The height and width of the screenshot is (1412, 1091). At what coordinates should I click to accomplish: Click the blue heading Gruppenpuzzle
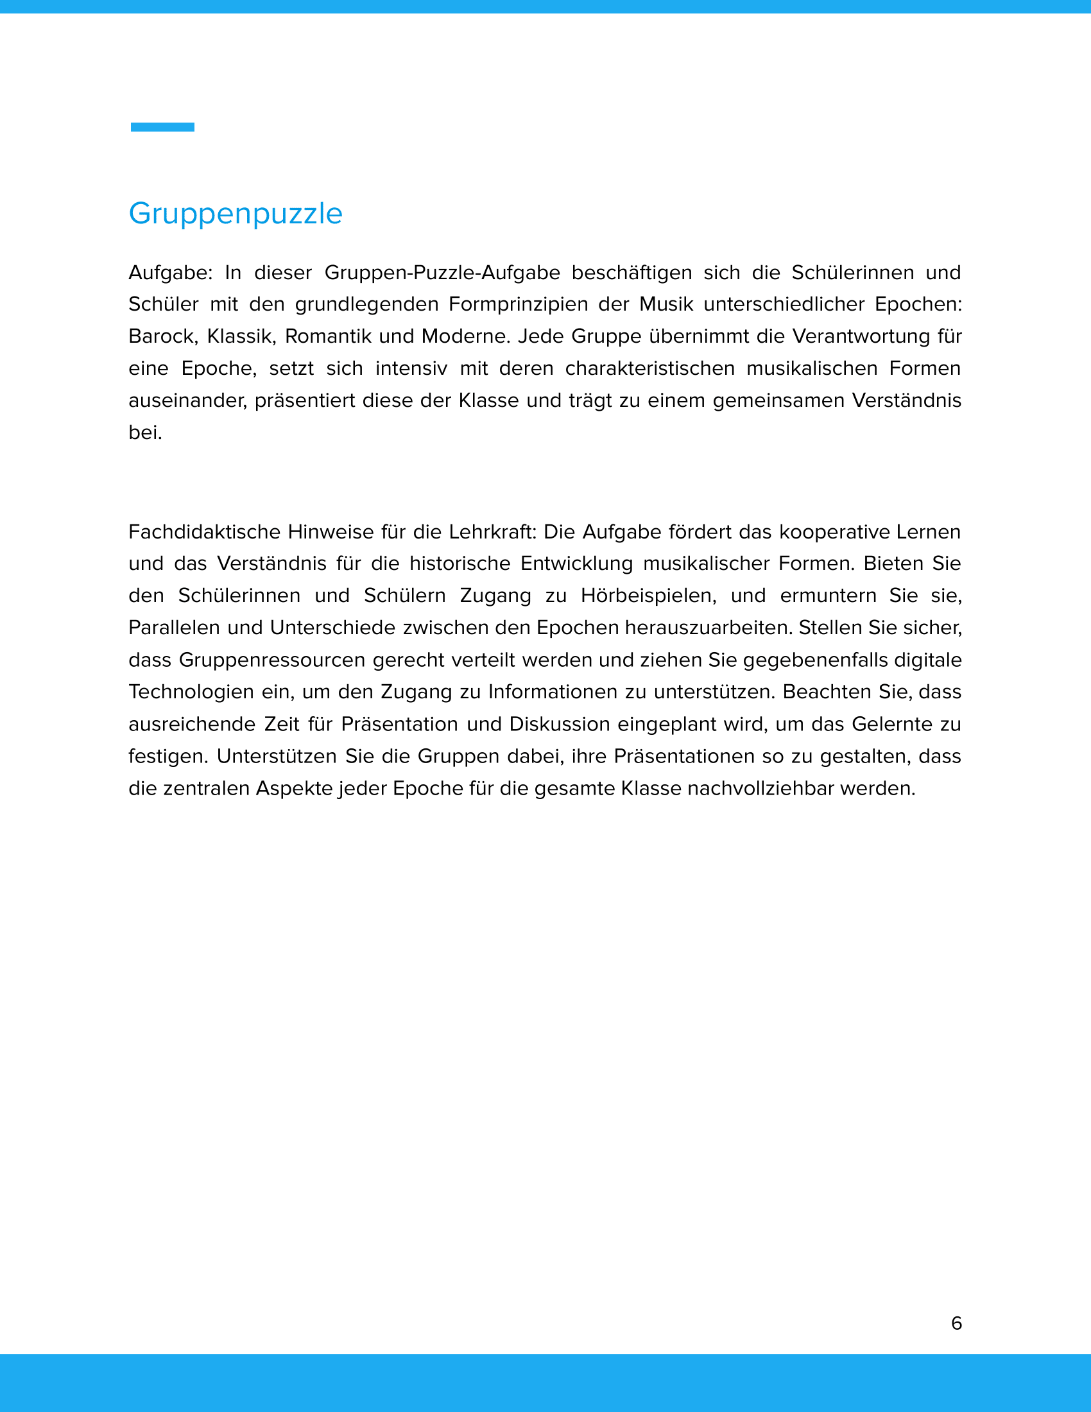[236, 214]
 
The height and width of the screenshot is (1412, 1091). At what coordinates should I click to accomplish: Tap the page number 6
[957, 1323]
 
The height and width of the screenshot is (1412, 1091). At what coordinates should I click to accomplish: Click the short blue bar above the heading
[162, 127]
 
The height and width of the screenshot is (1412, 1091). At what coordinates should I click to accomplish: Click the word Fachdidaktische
[204, 532]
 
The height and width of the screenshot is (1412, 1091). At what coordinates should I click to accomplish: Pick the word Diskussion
[559, 724]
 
